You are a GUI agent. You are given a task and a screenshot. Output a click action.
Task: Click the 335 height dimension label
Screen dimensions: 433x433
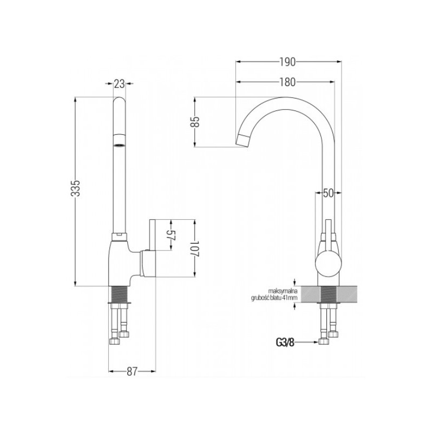[76, 188]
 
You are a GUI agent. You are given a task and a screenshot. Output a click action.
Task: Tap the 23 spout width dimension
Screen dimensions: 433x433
[119, 84]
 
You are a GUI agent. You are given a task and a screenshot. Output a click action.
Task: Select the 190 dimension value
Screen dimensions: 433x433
[287, 62]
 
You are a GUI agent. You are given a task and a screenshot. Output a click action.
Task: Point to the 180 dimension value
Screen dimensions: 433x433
[287, 82]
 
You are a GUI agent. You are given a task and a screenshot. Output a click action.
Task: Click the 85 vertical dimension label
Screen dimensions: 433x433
[195, 122]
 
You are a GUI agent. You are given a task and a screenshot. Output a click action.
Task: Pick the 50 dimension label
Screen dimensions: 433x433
[328, 193]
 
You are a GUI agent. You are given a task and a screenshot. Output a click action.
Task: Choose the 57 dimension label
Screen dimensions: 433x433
[172, 235]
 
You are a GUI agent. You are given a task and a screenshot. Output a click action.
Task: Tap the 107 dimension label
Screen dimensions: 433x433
[195, 248]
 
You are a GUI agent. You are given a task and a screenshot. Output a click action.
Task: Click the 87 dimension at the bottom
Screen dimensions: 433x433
[132, 371]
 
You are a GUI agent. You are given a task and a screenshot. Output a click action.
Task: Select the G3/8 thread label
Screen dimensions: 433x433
[285, 343]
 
